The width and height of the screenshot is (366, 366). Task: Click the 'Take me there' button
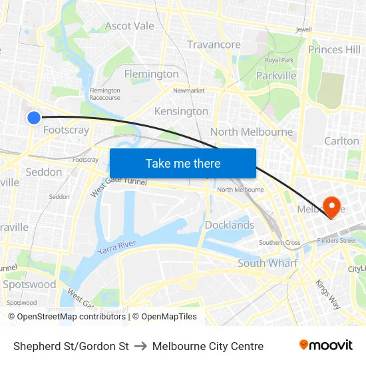click(x=183, y=163)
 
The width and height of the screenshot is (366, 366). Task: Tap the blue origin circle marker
click(x=34, y=118)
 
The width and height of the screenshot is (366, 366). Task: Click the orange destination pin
click(x=331, y=206)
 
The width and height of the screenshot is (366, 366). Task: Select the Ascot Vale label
click(x=130, y=26)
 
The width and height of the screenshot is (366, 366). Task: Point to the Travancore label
click(x=214, y=45)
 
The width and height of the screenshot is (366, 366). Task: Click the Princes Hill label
click(x=334, y=49)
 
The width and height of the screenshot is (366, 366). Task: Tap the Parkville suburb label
click(x=276, y=76)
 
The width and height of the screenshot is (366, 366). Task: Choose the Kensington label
click(x=181, y=111)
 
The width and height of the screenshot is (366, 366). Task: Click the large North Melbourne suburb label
click(x=252, y=132)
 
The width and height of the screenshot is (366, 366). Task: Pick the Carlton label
click(x=341, y=141)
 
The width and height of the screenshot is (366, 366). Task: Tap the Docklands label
click(x=230, y=225)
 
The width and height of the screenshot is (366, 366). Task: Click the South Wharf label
click(x=267, y=264)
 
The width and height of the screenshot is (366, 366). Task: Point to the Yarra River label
click(x=116, y=248)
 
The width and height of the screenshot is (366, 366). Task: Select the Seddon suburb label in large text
click(x=44, y=172)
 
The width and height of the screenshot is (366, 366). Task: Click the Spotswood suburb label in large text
click(x=29, y=285)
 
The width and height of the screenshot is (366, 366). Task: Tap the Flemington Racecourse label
click(x=104, y=94)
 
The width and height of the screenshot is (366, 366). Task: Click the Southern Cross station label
click(x=279, y=243)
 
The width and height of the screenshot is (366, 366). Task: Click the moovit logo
click(x=326, y=345)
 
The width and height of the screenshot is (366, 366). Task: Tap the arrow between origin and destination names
click(x=140, y=346)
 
